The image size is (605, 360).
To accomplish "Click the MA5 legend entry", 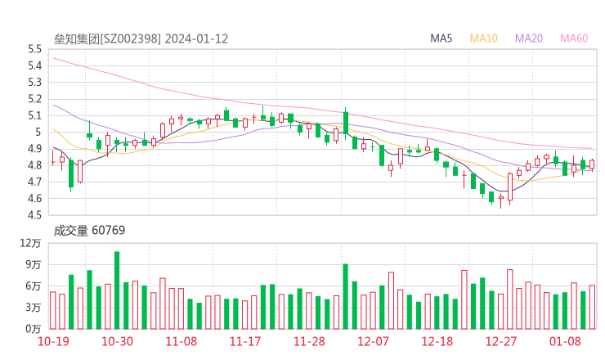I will (442, 38).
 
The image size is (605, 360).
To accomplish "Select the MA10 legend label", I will (484, 38).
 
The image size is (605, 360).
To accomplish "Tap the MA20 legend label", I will (529, 38).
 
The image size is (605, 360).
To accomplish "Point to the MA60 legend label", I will (574, 38).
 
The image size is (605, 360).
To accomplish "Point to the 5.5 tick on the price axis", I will (34, 49).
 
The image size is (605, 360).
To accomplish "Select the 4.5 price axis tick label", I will (34, 215).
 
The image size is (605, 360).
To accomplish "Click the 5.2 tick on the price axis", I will (34, 99).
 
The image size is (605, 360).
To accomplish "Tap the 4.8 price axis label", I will (34, 165).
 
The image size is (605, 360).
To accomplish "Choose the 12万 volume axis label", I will (31, 244).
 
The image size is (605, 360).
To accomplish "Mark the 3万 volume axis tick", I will (34, 308).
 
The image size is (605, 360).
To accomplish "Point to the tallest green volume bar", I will (117, 290).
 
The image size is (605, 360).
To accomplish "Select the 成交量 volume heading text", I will (70, 231).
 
